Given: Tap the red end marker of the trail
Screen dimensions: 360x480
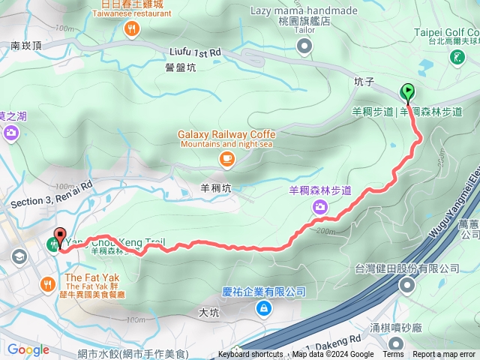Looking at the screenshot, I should pos(59,237).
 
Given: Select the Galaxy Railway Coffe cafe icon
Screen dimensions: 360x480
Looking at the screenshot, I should pos(226,158).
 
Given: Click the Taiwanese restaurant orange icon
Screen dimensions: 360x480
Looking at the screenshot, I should pos(132,28).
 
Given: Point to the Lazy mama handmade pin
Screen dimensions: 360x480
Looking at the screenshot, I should pos(304,47).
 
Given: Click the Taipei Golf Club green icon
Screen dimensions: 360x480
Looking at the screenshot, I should pos(457,57).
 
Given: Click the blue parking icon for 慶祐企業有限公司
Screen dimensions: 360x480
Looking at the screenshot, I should pos(264,307).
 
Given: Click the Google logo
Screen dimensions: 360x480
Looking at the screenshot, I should pos(28,349).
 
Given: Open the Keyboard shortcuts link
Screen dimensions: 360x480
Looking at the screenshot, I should pos(250,355).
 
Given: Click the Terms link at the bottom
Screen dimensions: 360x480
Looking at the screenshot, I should pos(393,355).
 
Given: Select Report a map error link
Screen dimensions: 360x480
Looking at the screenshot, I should pos(445,355).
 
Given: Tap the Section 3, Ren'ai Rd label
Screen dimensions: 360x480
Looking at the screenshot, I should pos(52,191).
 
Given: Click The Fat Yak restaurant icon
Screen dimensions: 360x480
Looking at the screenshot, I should pos(48,283).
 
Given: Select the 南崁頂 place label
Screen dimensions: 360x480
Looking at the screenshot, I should pos(25,46).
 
